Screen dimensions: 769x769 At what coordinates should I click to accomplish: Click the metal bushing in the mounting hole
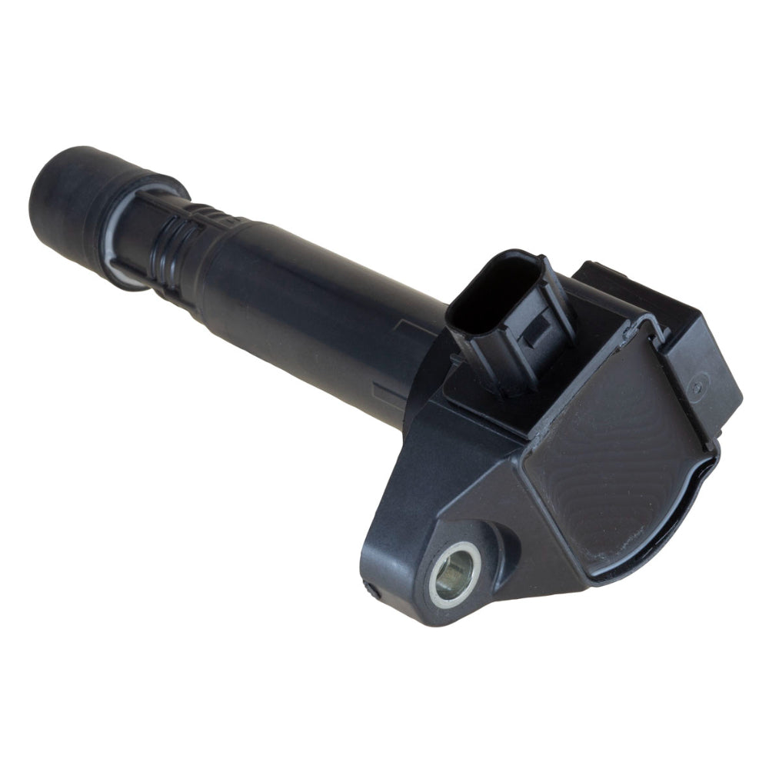click(x=455, y=573)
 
